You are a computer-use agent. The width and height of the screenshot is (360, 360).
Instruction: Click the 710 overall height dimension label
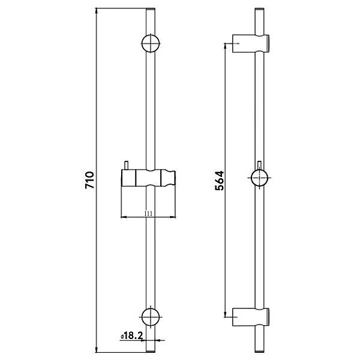click(x=89, y=180)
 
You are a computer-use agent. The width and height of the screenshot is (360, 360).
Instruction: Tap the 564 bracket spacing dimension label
click(x=219, y=181)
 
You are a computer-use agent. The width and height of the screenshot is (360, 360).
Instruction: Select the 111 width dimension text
click(x=149, y=214)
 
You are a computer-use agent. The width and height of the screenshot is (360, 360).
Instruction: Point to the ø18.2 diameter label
click(x=131, y=336)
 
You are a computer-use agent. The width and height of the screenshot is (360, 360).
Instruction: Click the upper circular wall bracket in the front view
click(x=151, y=43)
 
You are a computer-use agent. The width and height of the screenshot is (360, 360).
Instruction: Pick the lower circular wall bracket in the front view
click(x=151, y=317)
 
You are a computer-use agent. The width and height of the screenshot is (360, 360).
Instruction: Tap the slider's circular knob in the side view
click(x=260, y=178)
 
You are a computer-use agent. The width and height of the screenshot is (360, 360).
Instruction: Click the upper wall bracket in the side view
click(x=251, y=43)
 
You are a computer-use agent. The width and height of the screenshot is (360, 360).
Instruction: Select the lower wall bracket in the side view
click(x=251, y=317)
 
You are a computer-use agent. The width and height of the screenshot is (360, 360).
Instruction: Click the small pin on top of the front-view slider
click(x=126, y=166)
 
